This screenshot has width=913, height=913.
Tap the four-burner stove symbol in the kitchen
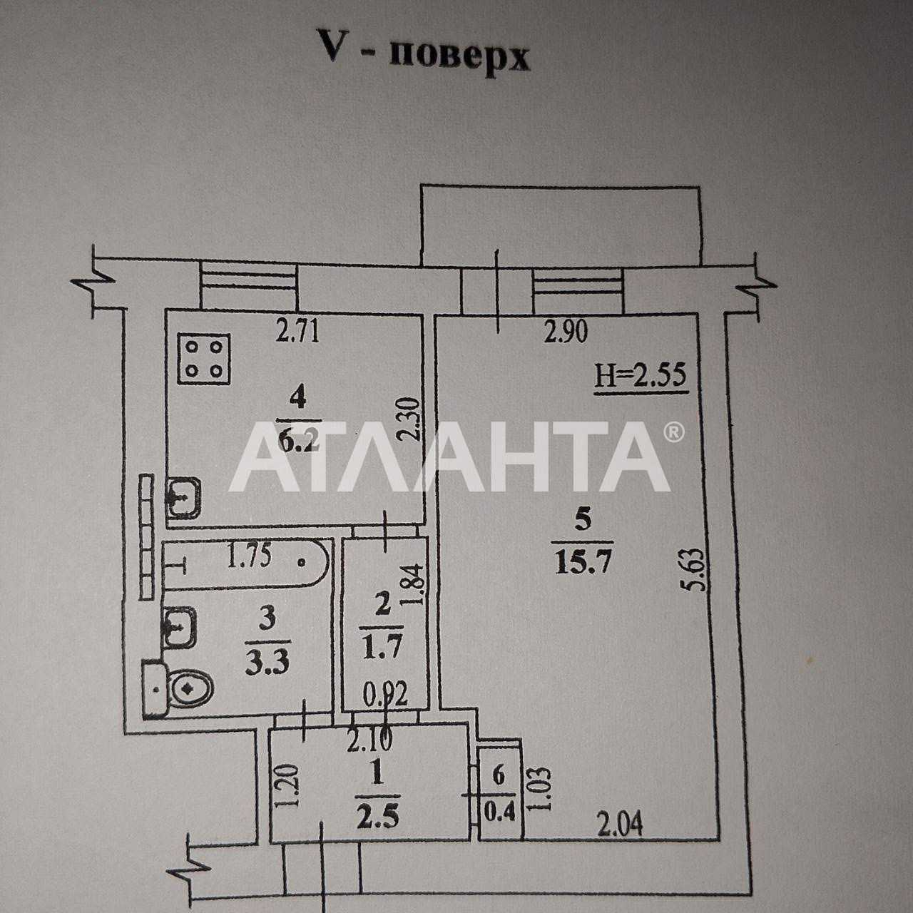pos(204,358)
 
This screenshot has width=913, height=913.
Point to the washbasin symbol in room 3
pos(179,627)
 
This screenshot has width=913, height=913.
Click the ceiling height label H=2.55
pos(641,377)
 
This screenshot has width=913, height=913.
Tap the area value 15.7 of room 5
pos(583,563)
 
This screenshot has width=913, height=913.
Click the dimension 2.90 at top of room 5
pos(566,332)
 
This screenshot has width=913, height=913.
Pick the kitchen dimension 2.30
pos(410,419)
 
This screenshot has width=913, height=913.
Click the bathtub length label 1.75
pos(249,556)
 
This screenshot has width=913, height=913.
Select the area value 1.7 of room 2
pos(382,646)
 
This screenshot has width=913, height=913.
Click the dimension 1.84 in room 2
pos(412,584)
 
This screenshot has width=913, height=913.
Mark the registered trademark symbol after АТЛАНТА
pos(674,431)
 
